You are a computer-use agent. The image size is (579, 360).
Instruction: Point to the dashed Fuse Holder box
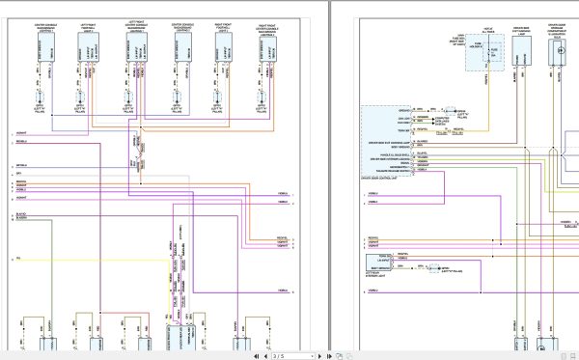[x=485, y=54]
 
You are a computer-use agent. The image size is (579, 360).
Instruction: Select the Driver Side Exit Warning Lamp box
[x=522, y=58]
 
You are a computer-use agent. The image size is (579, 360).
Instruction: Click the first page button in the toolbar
[x=255, y=355]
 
